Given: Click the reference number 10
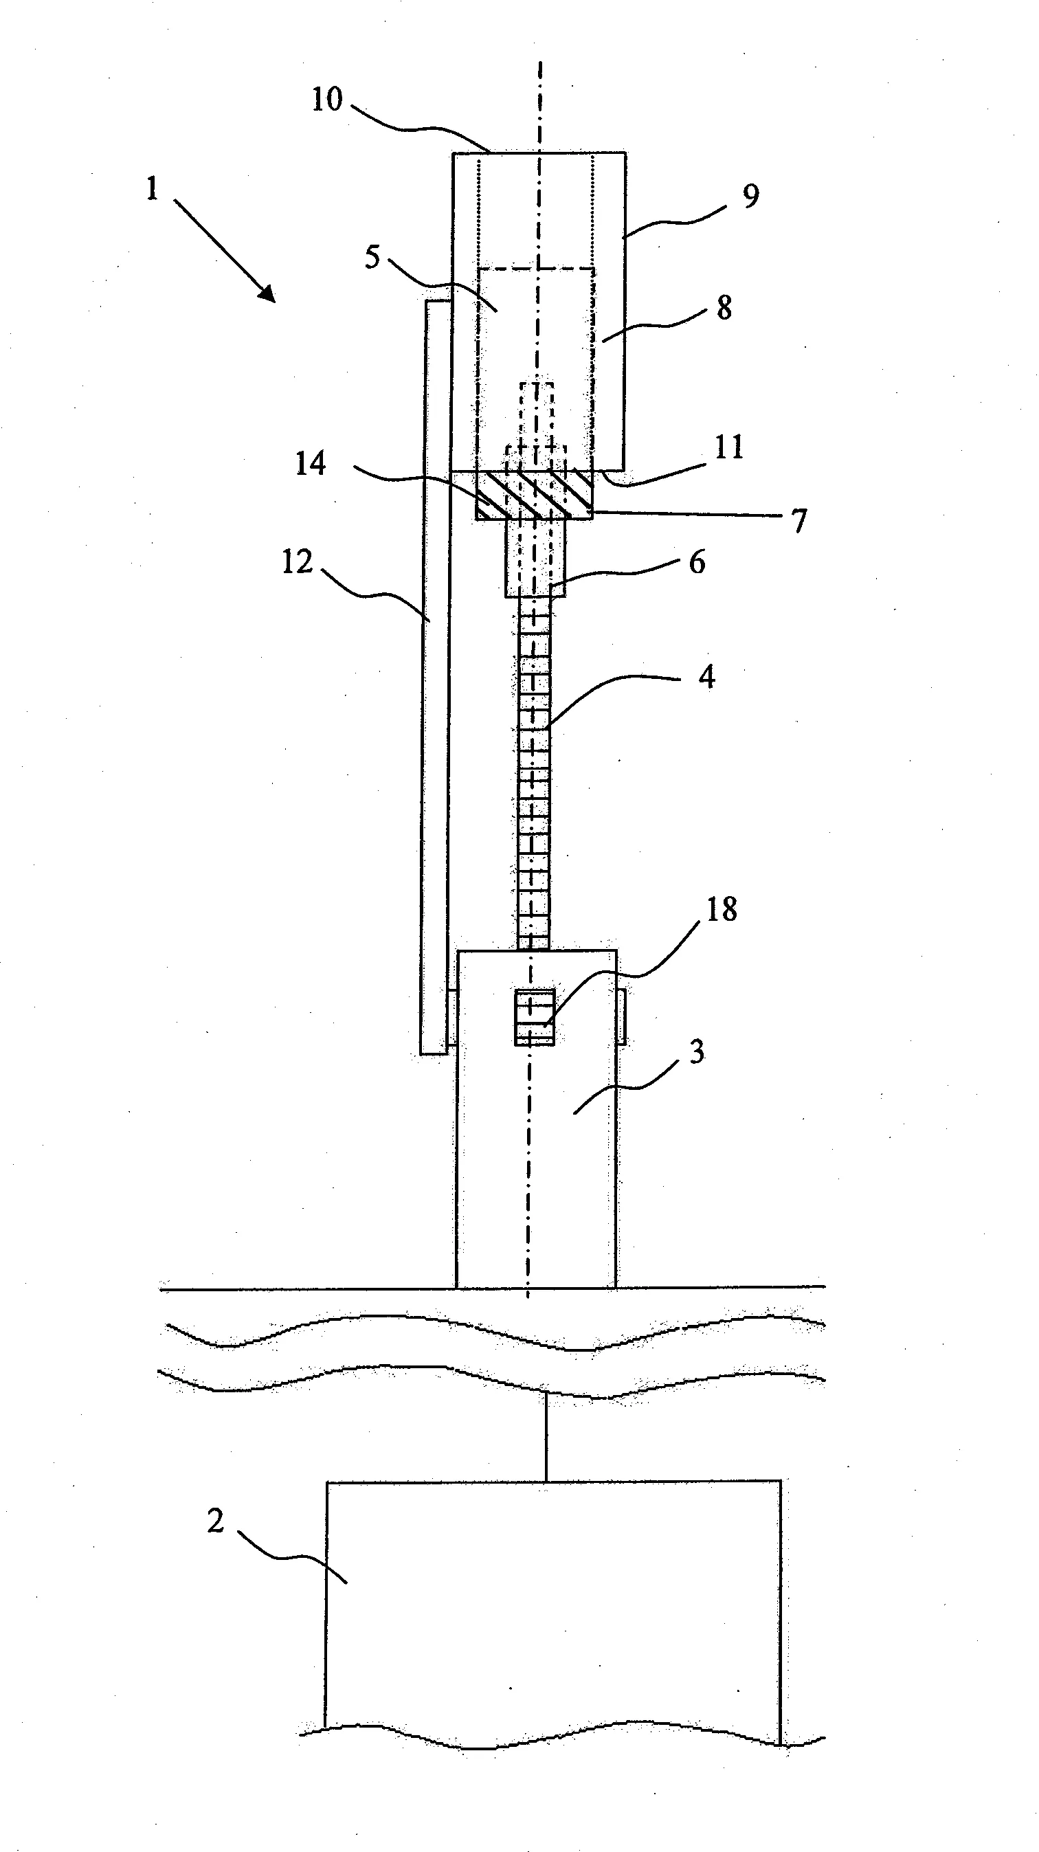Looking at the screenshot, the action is coord(326,99).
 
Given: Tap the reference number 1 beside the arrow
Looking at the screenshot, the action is coord(151,189).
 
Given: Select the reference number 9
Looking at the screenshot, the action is coord(750,197).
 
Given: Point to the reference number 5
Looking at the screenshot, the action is coord(372,256).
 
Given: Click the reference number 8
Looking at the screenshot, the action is coord(724,308).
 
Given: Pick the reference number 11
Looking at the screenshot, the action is coord(729,447).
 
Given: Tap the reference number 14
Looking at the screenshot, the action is coord(311,464).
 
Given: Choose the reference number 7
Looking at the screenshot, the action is coord(799,520).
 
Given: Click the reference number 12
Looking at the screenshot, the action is coord(297,562).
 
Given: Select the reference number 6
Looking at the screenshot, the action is coord(697,562).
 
